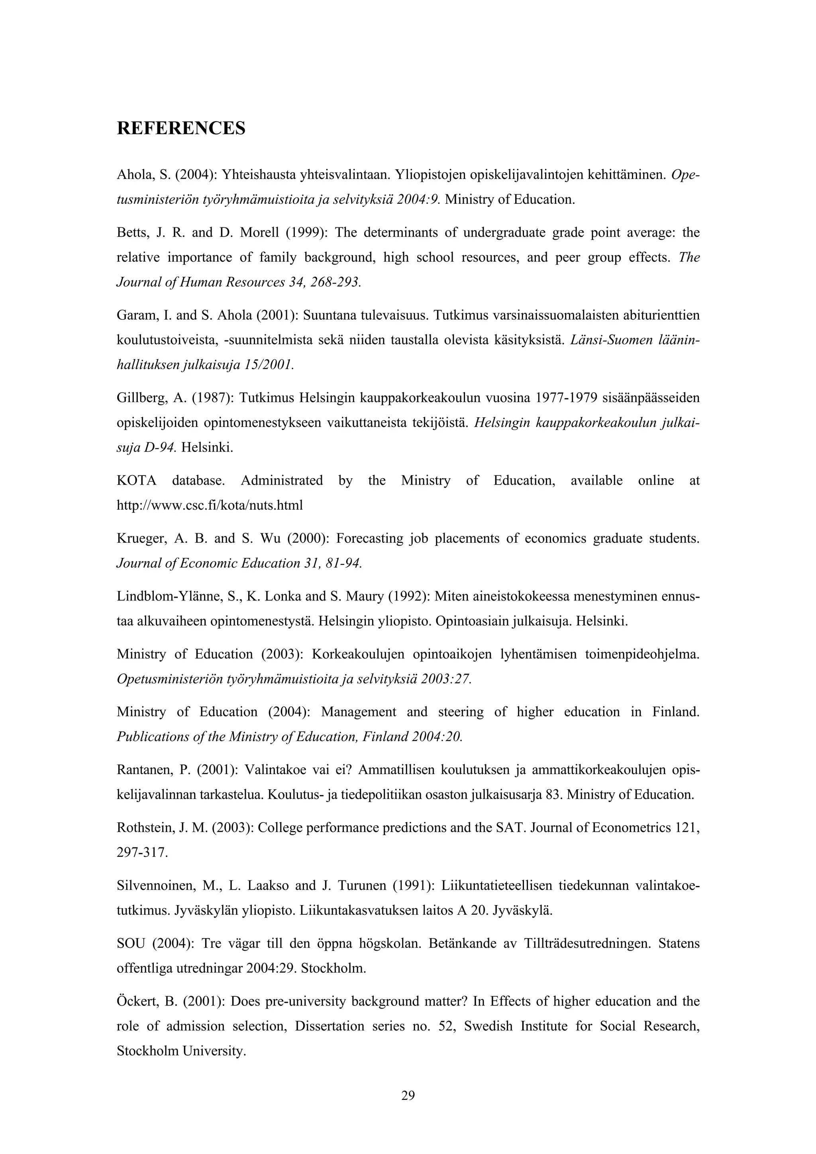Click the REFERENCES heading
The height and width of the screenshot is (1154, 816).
coord(181,129)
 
